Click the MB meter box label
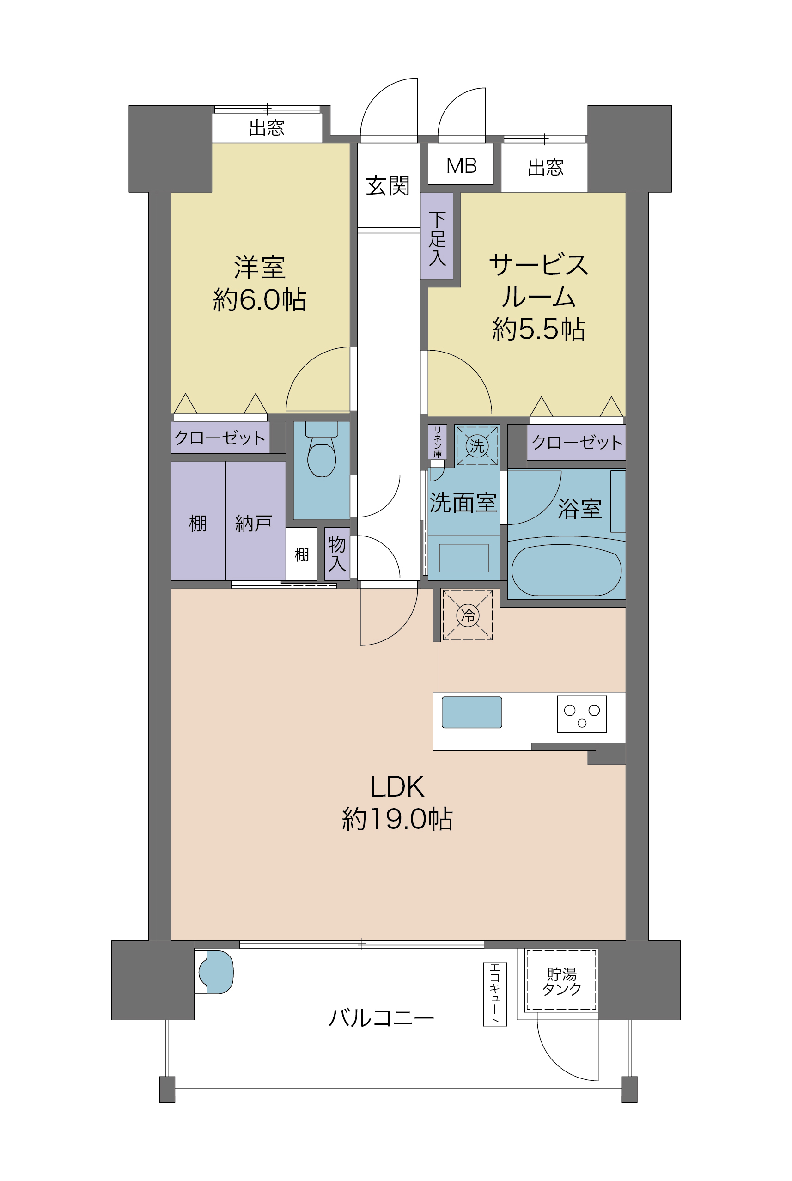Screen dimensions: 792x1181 (461, 165)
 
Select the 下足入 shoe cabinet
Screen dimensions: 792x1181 (437, 236)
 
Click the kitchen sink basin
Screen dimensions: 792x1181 (472, 712)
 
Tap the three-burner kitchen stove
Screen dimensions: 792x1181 (582, 714)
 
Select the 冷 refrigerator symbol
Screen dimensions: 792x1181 (468, 615)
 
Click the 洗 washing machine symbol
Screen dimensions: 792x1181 (477, 446)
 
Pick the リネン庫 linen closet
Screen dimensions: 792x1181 (438, 442)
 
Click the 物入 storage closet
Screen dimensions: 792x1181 (337, 554)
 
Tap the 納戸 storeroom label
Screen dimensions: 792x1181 (254, 524)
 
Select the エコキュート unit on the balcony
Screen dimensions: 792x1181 (495, 994)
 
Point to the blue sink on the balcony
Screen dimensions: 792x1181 (216, 972)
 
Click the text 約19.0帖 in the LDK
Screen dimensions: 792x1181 (397, 819)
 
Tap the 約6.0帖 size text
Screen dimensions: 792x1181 (260, 299)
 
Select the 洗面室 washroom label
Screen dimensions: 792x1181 (463, 503)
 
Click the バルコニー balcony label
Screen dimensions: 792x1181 (381, 1018)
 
